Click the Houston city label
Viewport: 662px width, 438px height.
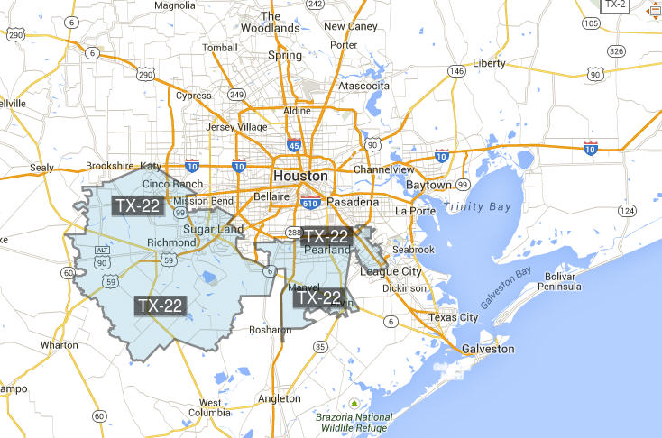(x=300, y=176)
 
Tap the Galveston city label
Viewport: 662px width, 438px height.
(x=487, y=349)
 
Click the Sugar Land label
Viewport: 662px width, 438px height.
(x=214, y=230)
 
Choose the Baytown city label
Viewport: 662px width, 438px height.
(x=428, y=185)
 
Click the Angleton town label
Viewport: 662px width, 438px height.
(x=279, y=398)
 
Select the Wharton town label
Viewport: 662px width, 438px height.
(x=60, y=345)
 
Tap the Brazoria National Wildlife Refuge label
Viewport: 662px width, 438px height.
(x=354, y=424)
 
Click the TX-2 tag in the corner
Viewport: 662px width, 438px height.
(x=617, y=5)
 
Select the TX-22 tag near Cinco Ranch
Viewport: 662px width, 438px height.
(x=138, y=205)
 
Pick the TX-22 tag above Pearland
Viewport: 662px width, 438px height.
(x=326, y=236)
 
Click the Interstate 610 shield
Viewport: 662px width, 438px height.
(x=310, y=204)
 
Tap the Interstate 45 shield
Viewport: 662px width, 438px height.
(x=294, y=144)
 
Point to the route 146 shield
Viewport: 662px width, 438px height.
(x=457, y=70)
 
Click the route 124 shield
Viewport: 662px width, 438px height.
(x=627, y=210)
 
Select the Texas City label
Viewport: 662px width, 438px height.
(x=455, y=317)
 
